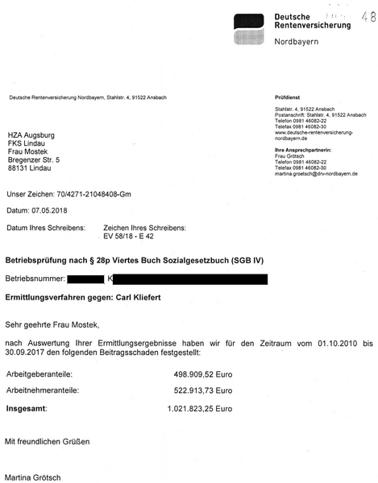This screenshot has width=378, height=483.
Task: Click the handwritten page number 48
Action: coord(368,15)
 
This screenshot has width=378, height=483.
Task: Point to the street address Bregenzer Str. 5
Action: coord(34,159)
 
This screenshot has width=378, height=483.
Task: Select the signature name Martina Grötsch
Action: coord(33,477)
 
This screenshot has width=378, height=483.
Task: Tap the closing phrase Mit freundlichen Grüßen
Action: coord(48,442)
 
